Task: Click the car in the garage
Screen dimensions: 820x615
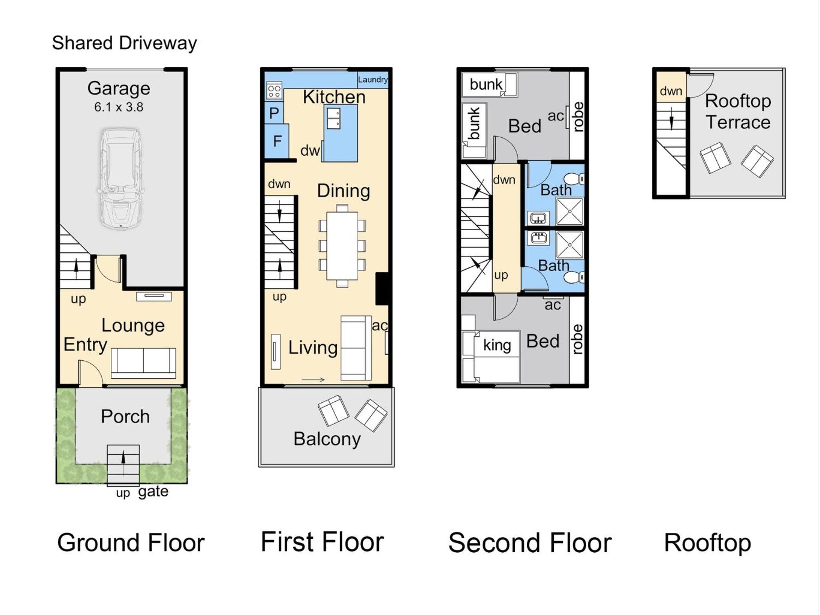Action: [x=121, y=179]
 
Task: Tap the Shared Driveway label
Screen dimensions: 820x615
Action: [x=125, y=43]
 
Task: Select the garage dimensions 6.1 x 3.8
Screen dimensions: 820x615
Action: [x=119, y=107]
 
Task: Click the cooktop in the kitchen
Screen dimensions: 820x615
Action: [x=274, y=91]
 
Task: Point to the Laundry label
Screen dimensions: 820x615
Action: [x=373, y=79]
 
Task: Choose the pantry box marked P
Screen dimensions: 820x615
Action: [x=274, y=113]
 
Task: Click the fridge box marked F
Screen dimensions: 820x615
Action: [x=277, y=141]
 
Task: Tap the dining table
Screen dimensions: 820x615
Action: [x=342, y=246]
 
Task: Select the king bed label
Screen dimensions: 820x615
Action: [x=497, y=345]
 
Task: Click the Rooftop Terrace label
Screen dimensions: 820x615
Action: [x=738, y=111]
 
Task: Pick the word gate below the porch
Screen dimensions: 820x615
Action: [x=153, y=491]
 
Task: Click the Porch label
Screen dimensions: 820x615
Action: [x=125, y=416]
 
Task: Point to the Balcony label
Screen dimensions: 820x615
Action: [x=327, y=439]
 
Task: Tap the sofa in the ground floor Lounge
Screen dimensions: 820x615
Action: [x=143, y=363]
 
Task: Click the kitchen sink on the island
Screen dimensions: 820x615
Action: [x=334, y=119]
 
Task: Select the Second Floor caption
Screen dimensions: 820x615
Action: [x=530, y=543]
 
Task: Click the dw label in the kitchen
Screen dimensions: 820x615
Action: [x=310, y=151]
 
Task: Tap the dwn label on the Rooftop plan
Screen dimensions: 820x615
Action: [x=671, y=91]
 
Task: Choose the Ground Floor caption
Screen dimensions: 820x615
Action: [x=131, y=543]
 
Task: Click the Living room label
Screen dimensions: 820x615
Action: [x=313, y=348]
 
